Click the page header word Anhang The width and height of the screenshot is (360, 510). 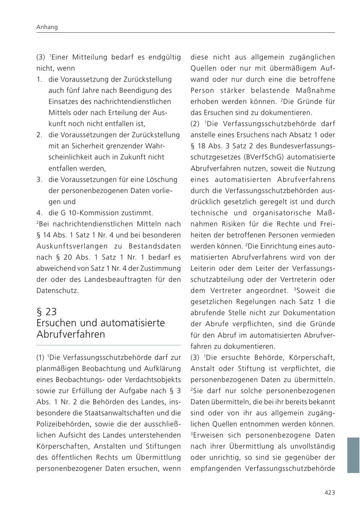click(x=47, y=27)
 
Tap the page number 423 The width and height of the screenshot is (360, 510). click(x=329, y=492)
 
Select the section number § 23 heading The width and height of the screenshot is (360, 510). click(x=46, y=311)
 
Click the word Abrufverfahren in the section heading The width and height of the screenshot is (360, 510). click(x=70, y=335)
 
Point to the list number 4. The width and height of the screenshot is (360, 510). click(x=39, y=213)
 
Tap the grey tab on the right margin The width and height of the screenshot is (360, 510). click(x=353, y=455)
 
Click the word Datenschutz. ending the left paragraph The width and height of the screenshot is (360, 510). click(x=58, y=291)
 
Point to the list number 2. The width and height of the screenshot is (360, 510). click(x=39, y=135)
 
